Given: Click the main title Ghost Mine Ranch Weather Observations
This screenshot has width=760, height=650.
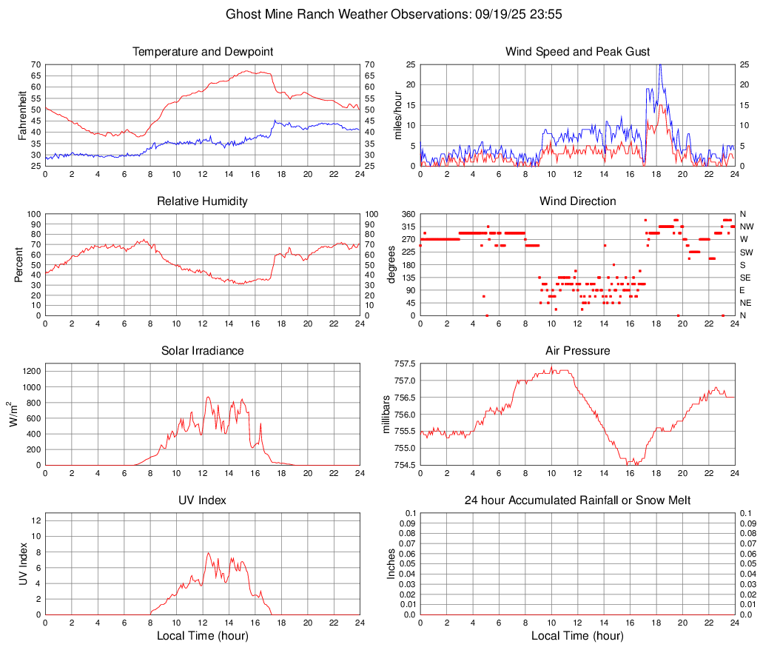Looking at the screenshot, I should [x=380, y=14].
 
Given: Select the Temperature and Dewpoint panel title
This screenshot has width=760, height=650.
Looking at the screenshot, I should [x=203, y=52].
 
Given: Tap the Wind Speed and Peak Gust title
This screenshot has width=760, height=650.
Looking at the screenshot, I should [x=577, y=52].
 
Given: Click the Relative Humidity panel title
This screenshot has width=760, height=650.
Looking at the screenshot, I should [x=203, y=201].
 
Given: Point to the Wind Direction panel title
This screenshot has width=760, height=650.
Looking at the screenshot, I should [x=577, y=201].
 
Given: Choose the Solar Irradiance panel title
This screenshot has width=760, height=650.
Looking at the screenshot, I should [x=203, y=351].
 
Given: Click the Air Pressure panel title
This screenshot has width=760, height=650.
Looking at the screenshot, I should [x=577, y=351].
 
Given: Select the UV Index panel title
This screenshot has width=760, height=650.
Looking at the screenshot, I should [x=203, y=500].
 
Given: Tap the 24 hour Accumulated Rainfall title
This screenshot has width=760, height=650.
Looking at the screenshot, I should [x=577, y=500].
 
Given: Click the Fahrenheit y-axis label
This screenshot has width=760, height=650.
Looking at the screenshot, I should [x=21, y=115].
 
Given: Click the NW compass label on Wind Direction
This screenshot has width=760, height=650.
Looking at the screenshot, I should [x=747, y=227].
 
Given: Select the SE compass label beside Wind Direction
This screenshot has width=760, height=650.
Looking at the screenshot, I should [x=746, y=278].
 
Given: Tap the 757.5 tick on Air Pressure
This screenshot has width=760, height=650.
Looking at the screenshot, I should [x=405, y=364].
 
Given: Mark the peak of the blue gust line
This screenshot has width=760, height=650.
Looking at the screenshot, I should [x=660, y=65].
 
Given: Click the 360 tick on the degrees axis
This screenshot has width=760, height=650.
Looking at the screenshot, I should [x=408, y=214].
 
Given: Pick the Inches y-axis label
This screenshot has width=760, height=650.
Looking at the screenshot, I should [x=391, y=563].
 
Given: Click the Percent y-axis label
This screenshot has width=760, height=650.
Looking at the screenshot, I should [x=19, y=264].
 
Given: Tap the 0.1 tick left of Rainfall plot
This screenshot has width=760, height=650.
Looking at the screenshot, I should [x=409, y=513].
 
